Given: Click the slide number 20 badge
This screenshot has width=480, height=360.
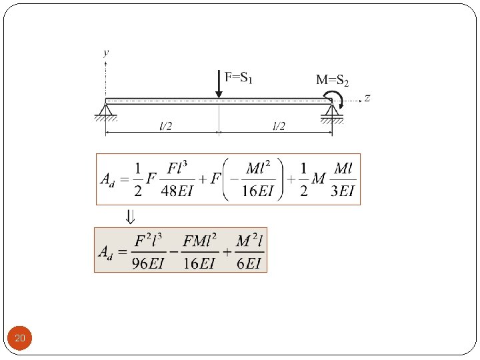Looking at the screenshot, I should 20,339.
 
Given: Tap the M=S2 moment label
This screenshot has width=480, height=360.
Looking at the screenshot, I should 332,81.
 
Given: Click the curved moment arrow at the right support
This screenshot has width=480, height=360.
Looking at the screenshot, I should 340,102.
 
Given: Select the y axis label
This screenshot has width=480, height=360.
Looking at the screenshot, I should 107,51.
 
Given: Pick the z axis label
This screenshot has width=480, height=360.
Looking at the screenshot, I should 367,98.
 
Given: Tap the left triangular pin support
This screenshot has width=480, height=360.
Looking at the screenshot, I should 106,110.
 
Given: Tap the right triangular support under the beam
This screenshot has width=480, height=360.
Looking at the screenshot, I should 331,111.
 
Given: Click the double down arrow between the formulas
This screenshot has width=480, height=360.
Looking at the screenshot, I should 131,216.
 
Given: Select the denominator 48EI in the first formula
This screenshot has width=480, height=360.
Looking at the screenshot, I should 178,192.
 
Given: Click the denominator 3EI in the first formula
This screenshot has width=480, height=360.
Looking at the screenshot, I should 343,192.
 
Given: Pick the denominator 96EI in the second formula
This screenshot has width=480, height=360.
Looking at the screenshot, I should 147,263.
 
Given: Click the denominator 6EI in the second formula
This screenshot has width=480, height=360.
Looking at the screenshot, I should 249,263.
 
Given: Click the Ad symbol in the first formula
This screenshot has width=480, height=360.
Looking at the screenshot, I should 107,180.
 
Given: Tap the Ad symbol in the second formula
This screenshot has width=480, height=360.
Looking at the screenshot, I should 106,251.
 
